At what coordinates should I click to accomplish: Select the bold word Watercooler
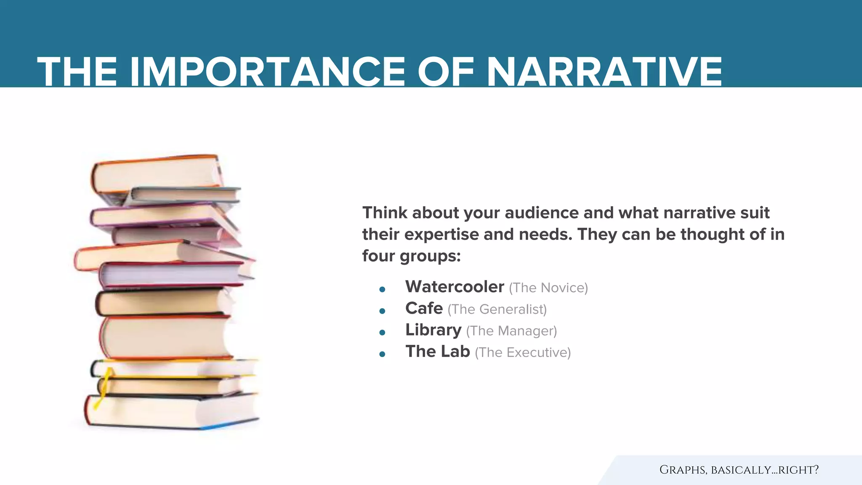coord(455,287)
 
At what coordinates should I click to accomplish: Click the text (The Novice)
coord(548,288)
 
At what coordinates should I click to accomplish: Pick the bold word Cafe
coord(424,308)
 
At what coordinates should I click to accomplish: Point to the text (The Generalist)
coord(497,309)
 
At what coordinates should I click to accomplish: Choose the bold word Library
coord(433,330)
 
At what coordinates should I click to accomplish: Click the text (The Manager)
coord(511,331)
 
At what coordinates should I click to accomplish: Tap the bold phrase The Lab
coord(437,351)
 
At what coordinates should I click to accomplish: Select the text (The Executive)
coord(523,352)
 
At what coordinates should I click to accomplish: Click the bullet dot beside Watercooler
coord(382,289)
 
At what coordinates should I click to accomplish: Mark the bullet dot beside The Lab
coord(382,354)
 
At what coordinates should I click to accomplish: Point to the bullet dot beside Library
coord(382,333)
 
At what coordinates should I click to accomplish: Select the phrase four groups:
coord(411,256)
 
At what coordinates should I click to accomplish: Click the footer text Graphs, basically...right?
coord(739,470)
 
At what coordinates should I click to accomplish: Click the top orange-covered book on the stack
coord(156,173)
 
